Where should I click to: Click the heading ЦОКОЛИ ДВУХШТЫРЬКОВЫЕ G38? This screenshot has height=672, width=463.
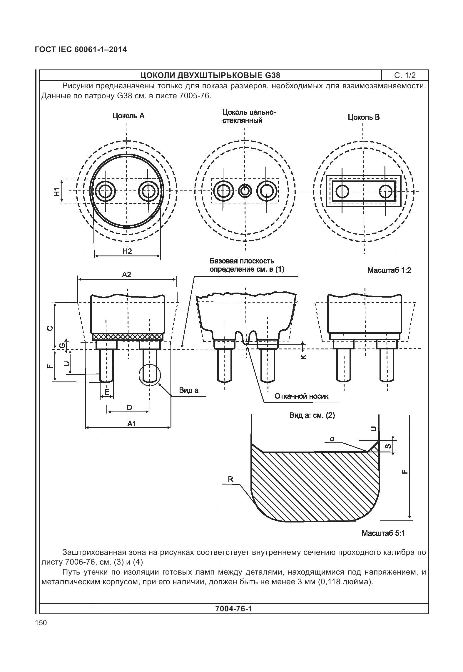(x=210, y=75)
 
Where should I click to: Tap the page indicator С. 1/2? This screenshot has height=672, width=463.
(x=405, y=75)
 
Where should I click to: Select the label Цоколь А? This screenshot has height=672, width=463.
(x=128, y=116)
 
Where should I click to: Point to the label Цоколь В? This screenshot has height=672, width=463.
(x=364, y=117)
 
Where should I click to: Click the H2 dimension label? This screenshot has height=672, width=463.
(x=127, y=251)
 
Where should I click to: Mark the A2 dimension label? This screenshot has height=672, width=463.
(x=126, y=275)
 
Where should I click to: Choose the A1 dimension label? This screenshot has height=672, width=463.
(x=132, y=424)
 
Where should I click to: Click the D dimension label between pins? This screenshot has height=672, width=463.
(x=129, y=407)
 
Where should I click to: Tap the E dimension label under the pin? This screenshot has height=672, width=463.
(x=107, y=392)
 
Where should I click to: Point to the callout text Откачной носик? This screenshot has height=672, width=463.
(x=301, y=396)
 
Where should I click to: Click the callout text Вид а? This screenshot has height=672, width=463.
(x=189, y=390)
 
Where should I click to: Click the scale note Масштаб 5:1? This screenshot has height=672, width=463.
(x=383, y=533)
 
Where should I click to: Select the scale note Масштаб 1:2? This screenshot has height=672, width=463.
(x=389, y=270)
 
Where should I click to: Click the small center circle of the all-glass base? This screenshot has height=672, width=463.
(x=244, y=191)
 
